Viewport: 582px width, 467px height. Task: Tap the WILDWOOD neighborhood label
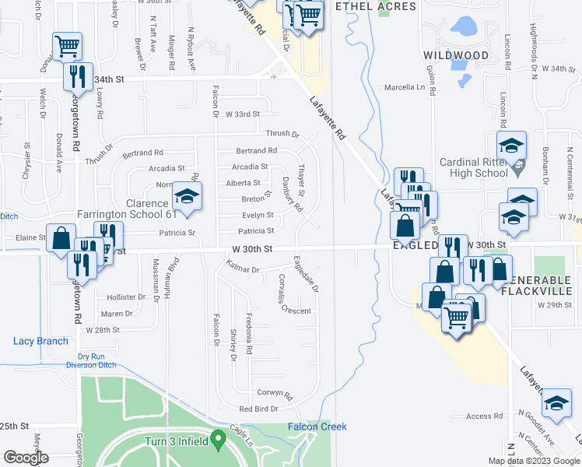[456, 55]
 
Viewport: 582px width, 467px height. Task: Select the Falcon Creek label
[317, 427]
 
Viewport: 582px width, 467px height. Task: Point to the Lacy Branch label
[40, 341]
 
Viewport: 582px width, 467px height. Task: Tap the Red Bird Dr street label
[258, 409]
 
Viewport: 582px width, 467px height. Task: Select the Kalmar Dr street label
[244, 270]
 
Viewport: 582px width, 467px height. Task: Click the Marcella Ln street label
[405, 87]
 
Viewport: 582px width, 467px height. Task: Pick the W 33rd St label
[242, 114]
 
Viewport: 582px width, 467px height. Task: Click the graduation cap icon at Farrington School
[187, 198]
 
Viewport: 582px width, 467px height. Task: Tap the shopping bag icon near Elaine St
[61, 237]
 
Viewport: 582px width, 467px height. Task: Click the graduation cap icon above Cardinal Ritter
[511, 146]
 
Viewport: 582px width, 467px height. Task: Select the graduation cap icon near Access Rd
[556, 402]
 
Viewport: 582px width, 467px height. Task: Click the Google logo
[26, 458]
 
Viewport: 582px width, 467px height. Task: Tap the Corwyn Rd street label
[273, 393]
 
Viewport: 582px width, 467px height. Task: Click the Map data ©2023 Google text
[533, 461]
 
